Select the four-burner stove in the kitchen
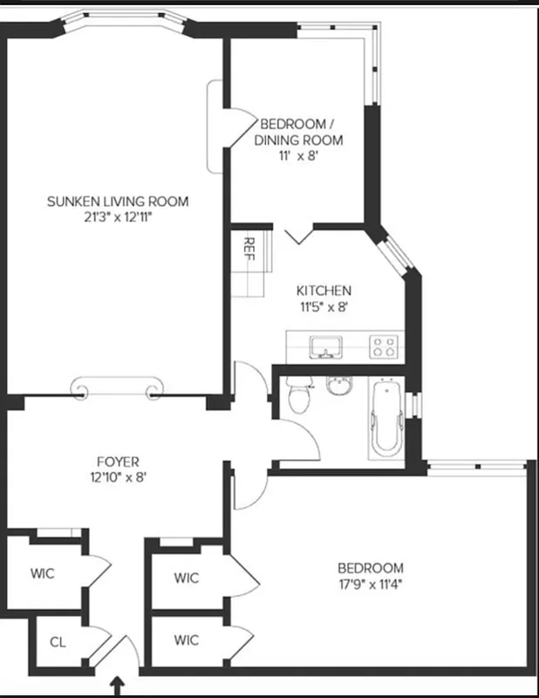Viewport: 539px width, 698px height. point(384,346)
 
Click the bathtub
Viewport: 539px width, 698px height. point(384,415)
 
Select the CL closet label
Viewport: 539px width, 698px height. point(58,642)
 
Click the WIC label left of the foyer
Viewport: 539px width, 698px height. point(42,573)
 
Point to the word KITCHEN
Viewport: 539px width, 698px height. point(324,291)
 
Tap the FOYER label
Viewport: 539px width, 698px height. point(118,462)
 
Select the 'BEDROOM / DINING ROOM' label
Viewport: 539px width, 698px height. point(298,132)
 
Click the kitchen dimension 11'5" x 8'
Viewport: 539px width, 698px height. point(324,306)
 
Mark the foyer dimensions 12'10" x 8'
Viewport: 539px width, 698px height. point(118,477)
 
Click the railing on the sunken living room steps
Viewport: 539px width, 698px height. point(118,387)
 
